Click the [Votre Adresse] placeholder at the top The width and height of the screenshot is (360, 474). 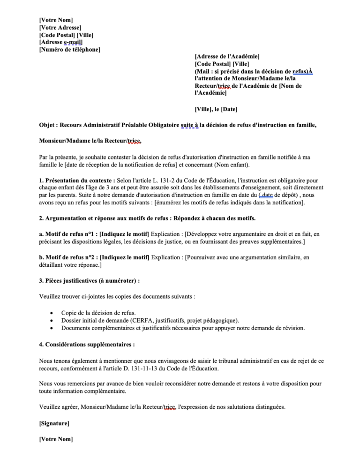pyautogui.click(x=60, y=27)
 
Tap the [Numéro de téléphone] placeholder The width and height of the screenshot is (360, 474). pyautogui.click(x=69, y=50)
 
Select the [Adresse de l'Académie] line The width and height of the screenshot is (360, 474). pyautogui.click(x=227, y=56)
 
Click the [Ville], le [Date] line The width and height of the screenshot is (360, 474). pyautogui.click(x=216, y=109)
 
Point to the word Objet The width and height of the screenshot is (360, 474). pyautogui.click(x=48, y=124)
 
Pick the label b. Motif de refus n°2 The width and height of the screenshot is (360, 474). pyautogui.click(x=68, y=257)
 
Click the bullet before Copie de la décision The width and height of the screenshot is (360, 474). pyautogui.click(x=51, y=313)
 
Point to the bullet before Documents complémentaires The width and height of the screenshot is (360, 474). pyautogui.click(x=51, y=328)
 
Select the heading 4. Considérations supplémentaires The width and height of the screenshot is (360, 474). pyautogui.click(x=87, y=344)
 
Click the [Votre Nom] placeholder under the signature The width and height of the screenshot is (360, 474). pyautogui.click(x=56, y=439)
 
